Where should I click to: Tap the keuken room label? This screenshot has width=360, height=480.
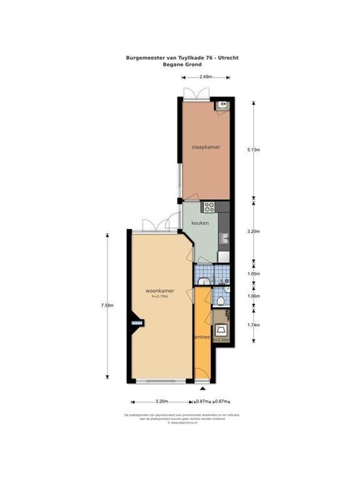tap(200, 224)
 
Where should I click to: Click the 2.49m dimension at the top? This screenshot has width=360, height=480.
tap(205, 77)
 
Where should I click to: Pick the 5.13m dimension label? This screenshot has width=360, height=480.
tap(254, 150)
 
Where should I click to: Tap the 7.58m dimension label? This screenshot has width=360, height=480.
tap(108, 305)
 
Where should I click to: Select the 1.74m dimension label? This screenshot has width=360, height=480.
tap(254, 324)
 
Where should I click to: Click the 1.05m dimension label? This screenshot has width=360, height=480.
tap(254, 274)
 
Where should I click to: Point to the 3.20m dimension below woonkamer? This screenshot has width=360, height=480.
tap(161, 401)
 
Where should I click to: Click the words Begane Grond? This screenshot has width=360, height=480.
tap(183, 64)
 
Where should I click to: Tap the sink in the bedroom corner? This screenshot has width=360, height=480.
tap(222, 105)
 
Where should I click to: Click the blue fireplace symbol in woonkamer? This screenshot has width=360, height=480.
tap(138, 323)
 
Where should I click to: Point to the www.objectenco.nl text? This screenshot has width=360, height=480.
tap(183, 423)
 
